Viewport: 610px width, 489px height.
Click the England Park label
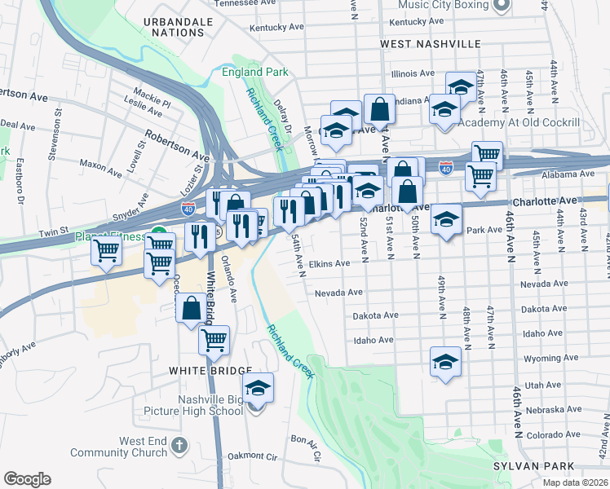click(x=254, y=72)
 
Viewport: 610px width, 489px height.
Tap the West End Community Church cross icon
click(x=179, y=446)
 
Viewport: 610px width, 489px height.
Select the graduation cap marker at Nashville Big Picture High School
click(x=258, y=389)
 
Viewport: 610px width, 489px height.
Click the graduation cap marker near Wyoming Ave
click(x=445, y=361)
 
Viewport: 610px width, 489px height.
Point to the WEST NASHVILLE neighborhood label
click(x=430, y=42)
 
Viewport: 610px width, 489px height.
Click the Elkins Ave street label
click(x=329, y=263)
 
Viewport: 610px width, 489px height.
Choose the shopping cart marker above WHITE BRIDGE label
click(x=214, y=341)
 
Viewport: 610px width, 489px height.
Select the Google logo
click(x=27, y=479)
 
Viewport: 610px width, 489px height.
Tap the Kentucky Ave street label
click(x=275, y=28)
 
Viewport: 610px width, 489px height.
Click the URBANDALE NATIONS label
click(x=177, y=26)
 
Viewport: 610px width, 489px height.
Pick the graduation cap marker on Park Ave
click(x=446, y=219)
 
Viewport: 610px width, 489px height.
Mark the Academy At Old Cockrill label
click(x=519, y=123)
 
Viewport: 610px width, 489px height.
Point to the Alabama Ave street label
click(x=569, y=174)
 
